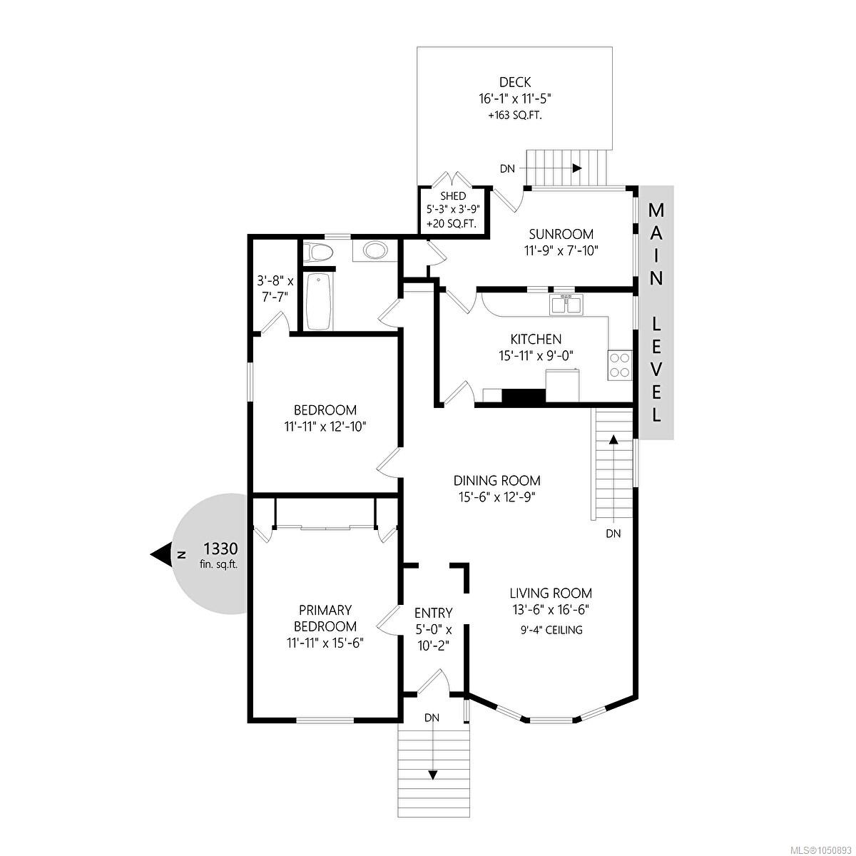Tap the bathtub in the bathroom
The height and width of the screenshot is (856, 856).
(318, 302)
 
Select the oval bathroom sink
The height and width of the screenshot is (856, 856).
(375, 251)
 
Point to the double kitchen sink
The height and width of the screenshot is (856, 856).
(566, 305)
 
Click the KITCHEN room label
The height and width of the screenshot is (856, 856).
(536, 340)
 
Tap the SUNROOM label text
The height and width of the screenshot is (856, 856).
(561, 234)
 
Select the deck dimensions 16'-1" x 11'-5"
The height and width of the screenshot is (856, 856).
(515, 98)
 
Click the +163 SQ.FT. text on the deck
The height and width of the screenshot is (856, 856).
(515, 116)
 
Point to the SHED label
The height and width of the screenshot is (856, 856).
(453, 196)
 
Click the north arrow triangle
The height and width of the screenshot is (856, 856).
(160, 555)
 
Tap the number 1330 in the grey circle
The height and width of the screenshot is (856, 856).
(220, 549)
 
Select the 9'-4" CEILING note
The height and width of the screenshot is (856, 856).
(551, 629)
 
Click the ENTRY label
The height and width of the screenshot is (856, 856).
(433, 613)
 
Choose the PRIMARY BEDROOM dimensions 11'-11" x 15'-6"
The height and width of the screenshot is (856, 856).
(325, 643)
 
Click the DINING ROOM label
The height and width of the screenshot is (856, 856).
(497, 480)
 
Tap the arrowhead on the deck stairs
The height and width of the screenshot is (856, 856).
(577, 168)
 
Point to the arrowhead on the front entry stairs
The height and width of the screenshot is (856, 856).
(433, 787)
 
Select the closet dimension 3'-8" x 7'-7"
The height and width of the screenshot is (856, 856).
(275, 289)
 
